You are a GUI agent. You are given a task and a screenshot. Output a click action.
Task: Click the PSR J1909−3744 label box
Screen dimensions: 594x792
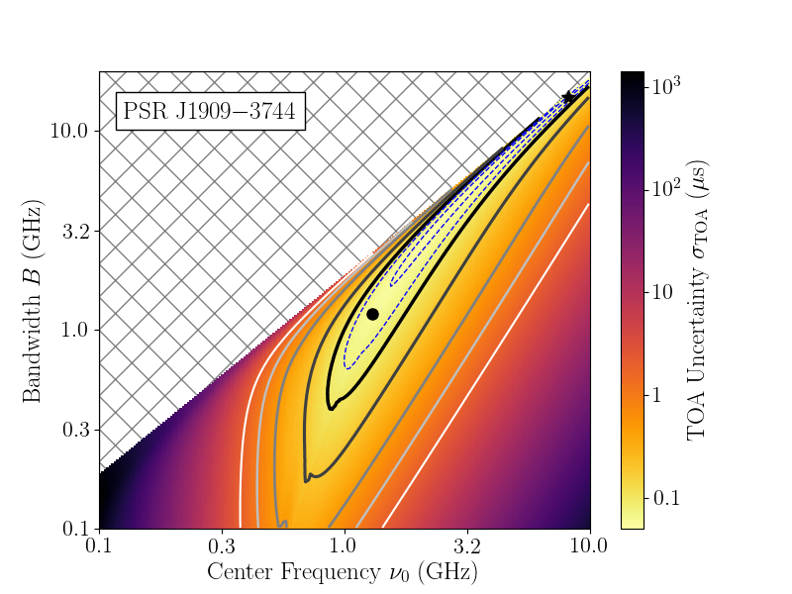(x=209, y=111)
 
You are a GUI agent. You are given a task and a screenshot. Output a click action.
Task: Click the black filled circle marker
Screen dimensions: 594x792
(x=372, y=314)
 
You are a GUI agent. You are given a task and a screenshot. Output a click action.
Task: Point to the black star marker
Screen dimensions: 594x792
(x=568, y=98)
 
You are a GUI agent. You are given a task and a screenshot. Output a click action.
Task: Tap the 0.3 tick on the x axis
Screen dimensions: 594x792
(x=222, y=546)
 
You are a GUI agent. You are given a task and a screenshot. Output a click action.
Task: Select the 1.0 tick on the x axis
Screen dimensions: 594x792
(x=345, y=546)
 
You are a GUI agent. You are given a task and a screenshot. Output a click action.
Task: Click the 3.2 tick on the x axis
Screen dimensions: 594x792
(x=467, y=546)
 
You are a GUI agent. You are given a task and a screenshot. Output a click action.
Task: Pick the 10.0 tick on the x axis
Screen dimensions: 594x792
(x=590, y=546)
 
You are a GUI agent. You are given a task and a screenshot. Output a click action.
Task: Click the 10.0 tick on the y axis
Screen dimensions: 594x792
(x=69, y=132)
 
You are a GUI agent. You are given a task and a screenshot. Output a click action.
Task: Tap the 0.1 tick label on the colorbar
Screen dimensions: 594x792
(x=665, y=497)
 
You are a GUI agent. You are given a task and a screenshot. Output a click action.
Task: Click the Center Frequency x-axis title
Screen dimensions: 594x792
(x=343, y=572)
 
